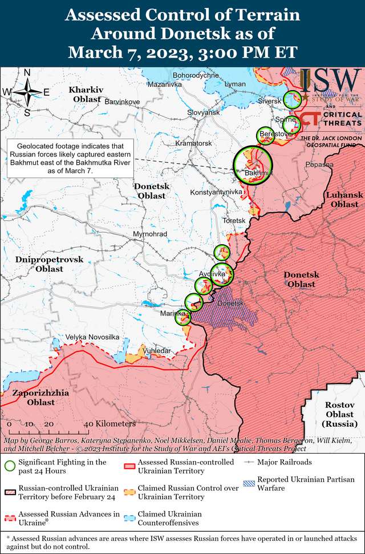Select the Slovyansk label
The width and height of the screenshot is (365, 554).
204,113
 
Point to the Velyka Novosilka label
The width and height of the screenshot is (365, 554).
92,337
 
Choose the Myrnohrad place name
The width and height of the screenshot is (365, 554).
149,234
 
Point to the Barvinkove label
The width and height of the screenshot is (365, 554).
122,102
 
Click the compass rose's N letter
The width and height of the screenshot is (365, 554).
27,72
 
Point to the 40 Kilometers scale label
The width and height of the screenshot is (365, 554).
109,424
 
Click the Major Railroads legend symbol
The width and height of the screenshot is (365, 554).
249,462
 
